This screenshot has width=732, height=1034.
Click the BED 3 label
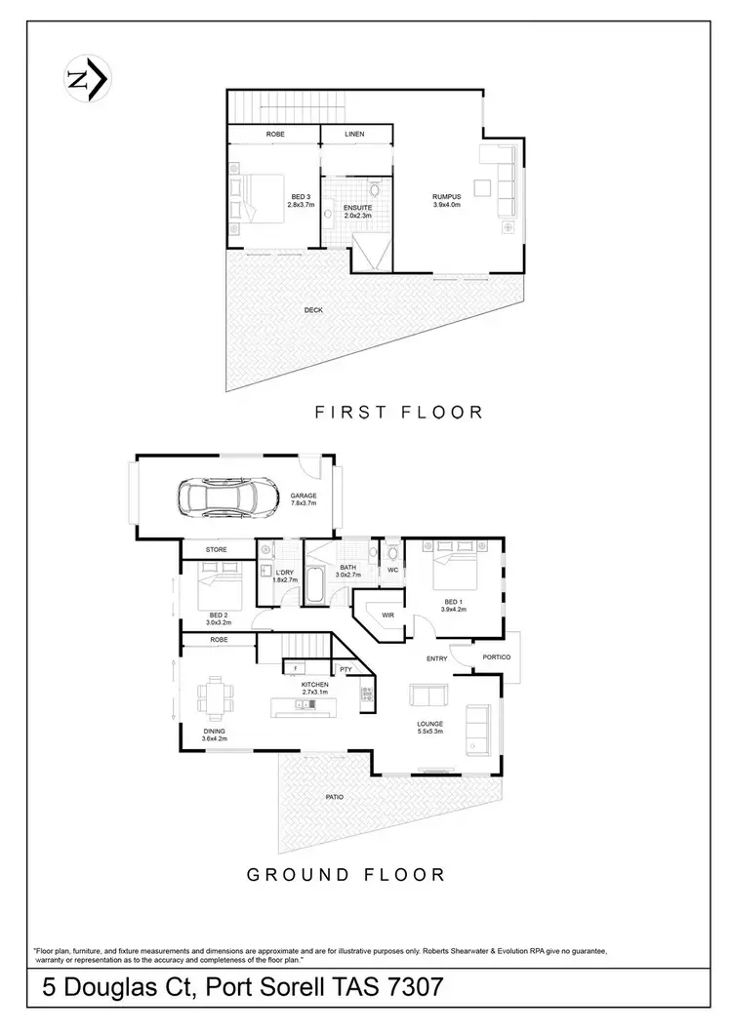pos(301,196)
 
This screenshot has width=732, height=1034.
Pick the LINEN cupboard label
pos(355,134)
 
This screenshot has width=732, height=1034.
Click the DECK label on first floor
pos(313,310)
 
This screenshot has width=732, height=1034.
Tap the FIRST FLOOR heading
pos(398,412)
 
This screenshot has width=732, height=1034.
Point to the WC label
pos(392,571)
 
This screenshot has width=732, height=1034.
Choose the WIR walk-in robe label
pos(386,616)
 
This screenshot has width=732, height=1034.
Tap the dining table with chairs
pos(217,696)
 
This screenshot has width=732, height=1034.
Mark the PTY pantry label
pos(346,669)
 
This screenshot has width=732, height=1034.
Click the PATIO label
pos(335,797)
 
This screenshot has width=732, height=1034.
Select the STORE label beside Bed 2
pos(217,550)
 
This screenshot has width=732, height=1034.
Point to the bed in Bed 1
pos(451,571)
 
